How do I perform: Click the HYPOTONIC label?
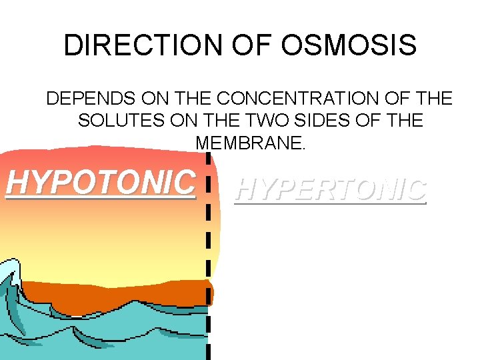click(x=101, y=181)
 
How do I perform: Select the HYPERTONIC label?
click(x=331, y=190)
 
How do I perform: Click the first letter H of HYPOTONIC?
click(x=17, y=181)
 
